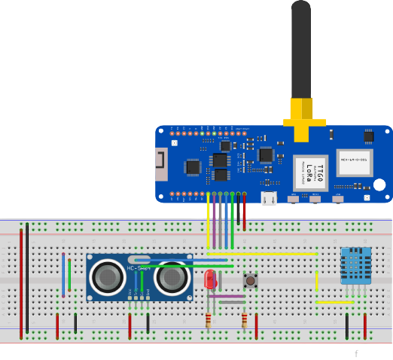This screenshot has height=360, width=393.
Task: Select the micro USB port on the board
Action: click(x=268, y=198)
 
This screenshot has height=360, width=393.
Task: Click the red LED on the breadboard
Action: click(x=210, y=280)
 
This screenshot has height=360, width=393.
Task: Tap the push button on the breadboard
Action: click(x=249, y=282)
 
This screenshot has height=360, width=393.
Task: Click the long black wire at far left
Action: click(x=28, y=279)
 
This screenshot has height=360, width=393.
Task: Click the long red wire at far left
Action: click(x=21, y=279)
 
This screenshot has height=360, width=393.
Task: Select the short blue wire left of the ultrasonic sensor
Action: click(x=63, y=275)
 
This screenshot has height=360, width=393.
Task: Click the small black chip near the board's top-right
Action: click(x=368, y=136)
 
